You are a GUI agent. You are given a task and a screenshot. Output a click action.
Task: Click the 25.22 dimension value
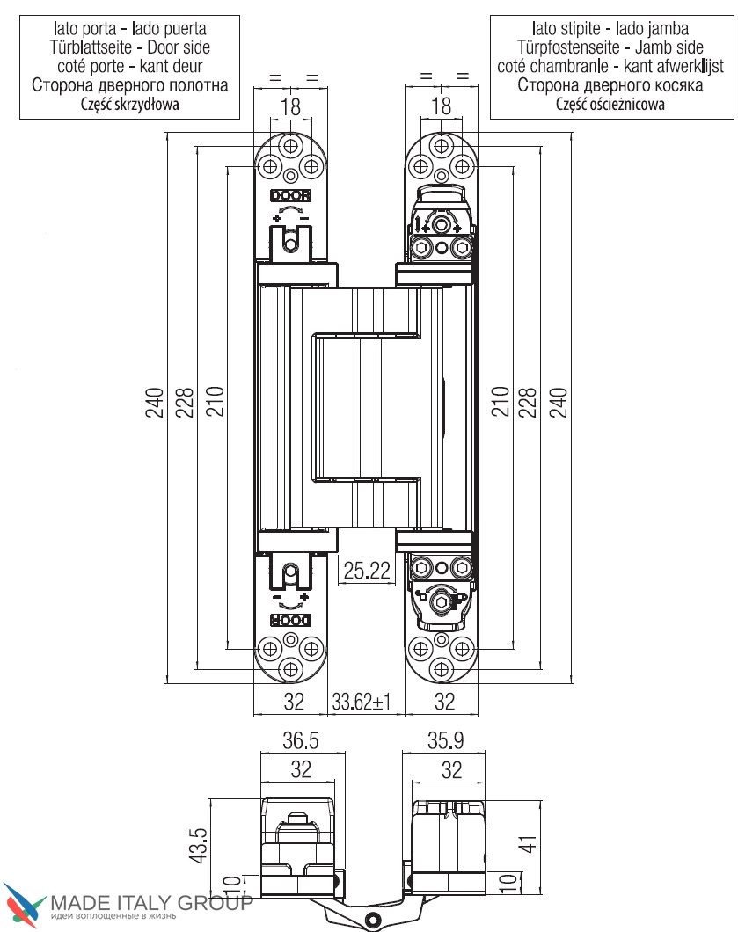coord(367,571)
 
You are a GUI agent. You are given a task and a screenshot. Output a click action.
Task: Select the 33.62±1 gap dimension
coord(361,701)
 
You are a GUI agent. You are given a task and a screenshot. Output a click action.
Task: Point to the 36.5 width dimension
coord(300,740)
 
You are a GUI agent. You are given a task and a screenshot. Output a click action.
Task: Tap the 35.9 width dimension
coord(444,740)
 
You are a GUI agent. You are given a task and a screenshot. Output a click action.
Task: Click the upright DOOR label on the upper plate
coord(290,196)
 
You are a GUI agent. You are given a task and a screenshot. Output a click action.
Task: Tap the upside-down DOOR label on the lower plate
coord(290,620)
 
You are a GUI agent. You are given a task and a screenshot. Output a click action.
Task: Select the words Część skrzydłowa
coord(129,105)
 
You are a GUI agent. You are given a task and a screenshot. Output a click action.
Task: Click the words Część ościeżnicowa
coord(610,105)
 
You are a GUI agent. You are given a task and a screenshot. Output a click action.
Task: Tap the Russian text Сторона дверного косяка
coord(610,85)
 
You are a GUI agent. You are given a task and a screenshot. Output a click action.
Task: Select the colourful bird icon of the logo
coord(25,906)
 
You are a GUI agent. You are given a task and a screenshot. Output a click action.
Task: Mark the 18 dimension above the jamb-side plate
coord(442,107)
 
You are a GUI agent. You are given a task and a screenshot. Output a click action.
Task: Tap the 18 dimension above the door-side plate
coord(290,107)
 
